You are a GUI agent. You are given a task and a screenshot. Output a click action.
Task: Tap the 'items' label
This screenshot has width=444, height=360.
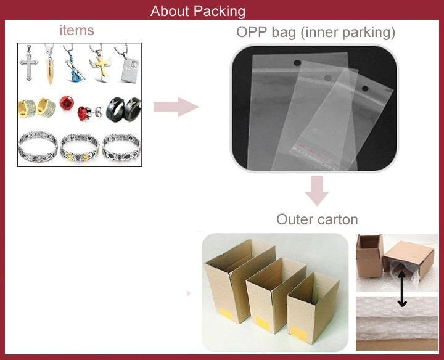click(x=77, y=30)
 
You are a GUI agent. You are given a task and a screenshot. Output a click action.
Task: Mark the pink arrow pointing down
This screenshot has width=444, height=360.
click(x=317, y=190)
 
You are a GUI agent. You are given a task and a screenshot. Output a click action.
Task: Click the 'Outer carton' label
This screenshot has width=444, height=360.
click(x=317, y=219)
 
